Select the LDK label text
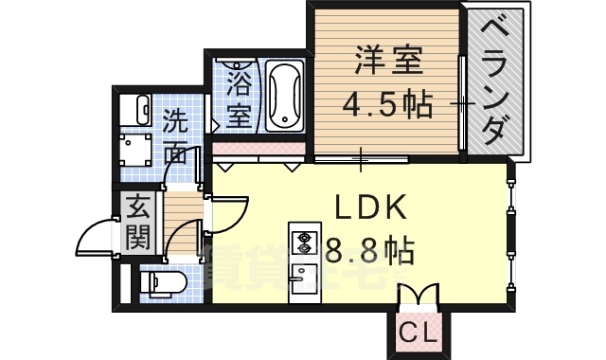[x=369, y=207]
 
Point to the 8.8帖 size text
[x=369, y=251]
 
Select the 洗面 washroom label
[x=177, y=135]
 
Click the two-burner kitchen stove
[x=305, y=242]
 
